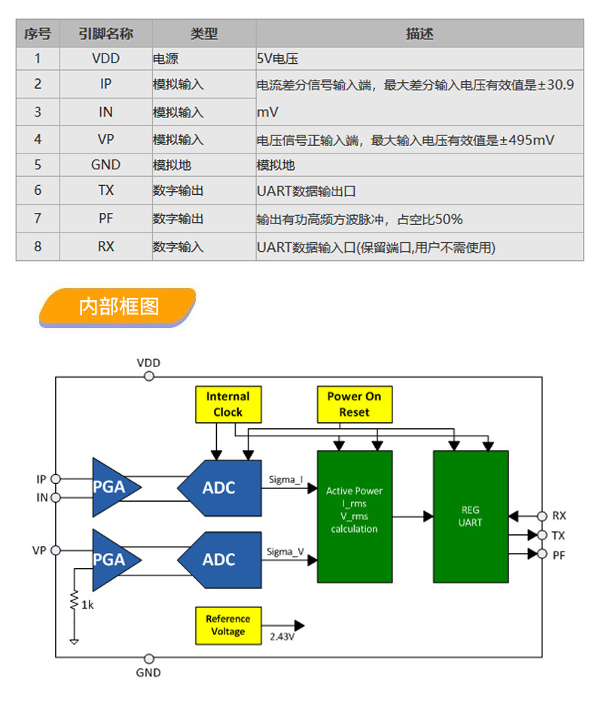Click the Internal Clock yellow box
(x=228, y=405)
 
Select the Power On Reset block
(x=355, y=405)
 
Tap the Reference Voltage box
(x=228, y=625)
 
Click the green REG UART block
(x=471, y=516)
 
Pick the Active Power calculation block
(x=355, y=516)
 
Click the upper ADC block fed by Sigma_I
(x=219, y=488)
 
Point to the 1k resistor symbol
(x=74, y=600)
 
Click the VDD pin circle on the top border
(x=149, y=376)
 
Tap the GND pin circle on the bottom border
(x=149, y=658)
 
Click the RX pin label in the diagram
(x=559, y=516)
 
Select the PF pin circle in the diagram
(x=542, y=554)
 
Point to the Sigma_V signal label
(x=285, y=551)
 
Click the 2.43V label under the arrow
(x=282, y=637)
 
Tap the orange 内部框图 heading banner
(x=118, y=307)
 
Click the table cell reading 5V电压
(x=420, y=59)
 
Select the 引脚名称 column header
(x=105, y=34)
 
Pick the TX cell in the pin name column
(x=105, y=190)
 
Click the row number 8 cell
(x=38, y=247)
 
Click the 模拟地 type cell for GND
(x=204, y=165)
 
